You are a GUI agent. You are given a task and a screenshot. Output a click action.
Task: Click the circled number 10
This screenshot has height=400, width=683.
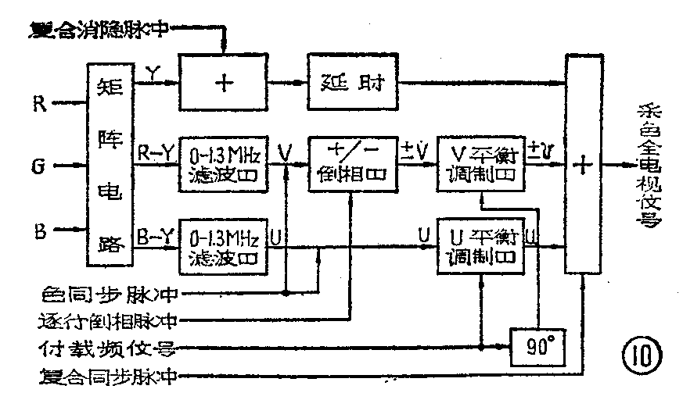[x=642, y=355]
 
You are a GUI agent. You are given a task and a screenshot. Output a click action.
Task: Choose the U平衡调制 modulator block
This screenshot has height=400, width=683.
[x=479, y=245]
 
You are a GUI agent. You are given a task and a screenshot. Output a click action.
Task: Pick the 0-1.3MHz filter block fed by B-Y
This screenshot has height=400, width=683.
[x=224, y=245]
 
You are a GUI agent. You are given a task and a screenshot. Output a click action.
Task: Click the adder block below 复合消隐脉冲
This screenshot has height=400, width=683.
[x=225, y=82]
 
